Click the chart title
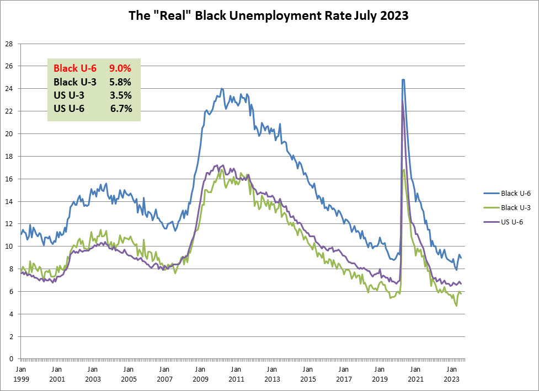coord(269,16)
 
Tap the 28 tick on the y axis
coord(8,43)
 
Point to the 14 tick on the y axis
coord(8,201)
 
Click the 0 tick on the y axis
coord(10,359)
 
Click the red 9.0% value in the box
coord(120,69)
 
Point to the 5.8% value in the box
coord(120,82)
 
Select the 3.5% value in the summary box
coord(120,95)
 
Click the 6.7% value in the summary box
coord(120,109)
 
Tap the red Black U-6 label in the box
coord(74,69)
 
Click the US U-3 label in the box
coord(69,95)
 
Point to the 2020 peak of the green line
coord(404,170)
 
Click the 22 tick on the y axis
coord(8,111)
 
